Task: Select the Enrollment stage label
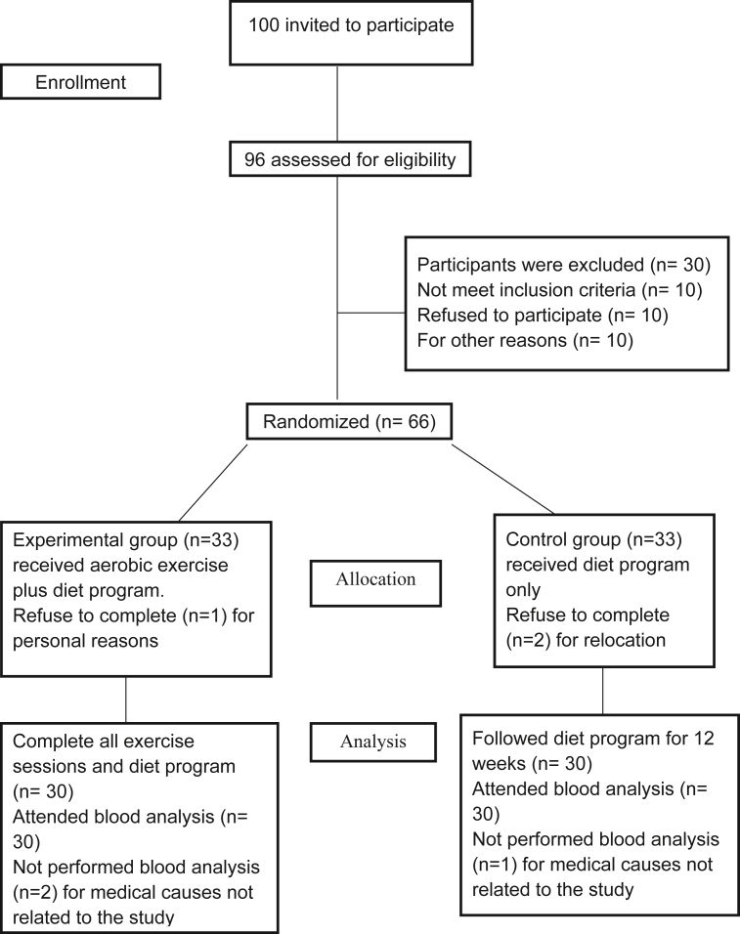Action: (80, 83)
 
